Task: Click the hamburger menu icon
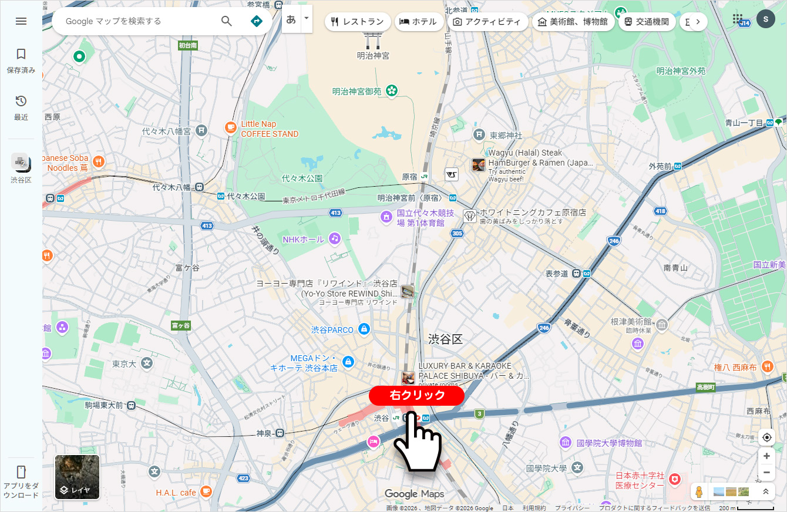coord(21,21)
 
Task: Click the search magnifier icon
coord(227,21)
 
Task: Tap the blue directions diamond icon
coord(256,21)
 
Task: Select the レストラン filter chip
coord(358,22)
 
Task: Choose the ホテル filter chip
coord(419,22)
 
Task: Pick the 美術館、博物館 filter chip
coord(573,22)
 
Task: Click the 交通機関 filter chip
coord(647,22)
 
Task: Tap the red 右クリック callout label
coord(416,395)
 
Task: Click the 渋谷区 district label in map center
coord(446,339)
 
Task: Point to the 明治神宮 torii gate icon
coord(373,39)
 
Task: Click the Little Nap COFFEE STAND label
coord(269,129)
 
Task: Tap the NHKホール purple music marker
coord(335,238)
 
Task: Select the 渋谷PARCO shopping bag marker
coord(364,329)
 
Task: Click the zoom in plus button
coord(766,456)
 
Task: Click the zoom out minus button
coord(766,472)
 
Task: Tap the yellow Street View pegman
coord(698,491)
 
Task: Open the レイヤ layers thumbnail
coord(78,477)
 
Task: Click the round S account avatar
coord(766,19)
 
